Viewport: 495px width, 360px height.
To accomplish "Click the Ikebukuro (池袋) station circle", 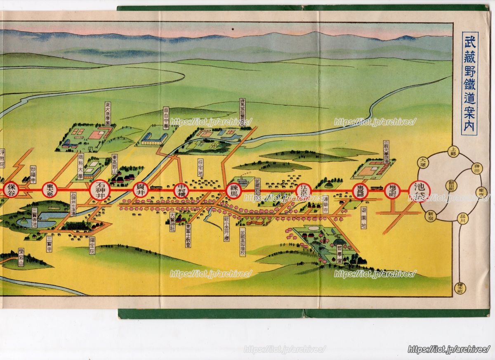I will click(x=419, y=191).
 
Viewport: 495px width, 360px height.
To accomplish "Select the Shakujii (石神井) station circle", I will click(x=100, y=190).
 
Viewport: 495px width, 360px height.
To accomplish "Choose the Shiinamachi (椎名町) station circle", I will click(x=392, y=191).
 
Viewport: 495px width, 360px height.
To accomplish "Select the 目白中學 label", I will click(x=166, y=118).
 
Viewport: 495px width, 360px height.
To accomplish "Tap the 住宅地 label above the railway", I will click(x=201, y=168).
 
